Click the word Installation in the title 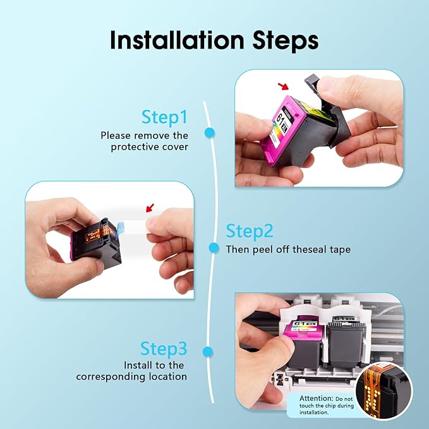click(177, 40)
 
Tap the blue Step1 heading click(165, 117)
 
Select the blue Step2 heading click(250, 231)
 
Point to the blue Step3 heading click(164, 349)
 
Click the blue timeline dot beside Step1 click(210, 133)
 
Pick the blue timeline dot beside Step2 click(214, 248)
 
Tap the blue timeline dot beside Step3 click(208, 351)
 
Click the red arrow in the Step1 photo click(283, 87)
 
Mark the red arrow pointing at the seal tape click(150, 208)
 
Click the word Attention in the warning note click(317, 398)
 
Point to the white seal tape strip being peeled click(135, 227)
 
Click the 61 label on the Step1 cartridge click(281, 119)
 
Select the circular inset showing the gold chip click(384, 392)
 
